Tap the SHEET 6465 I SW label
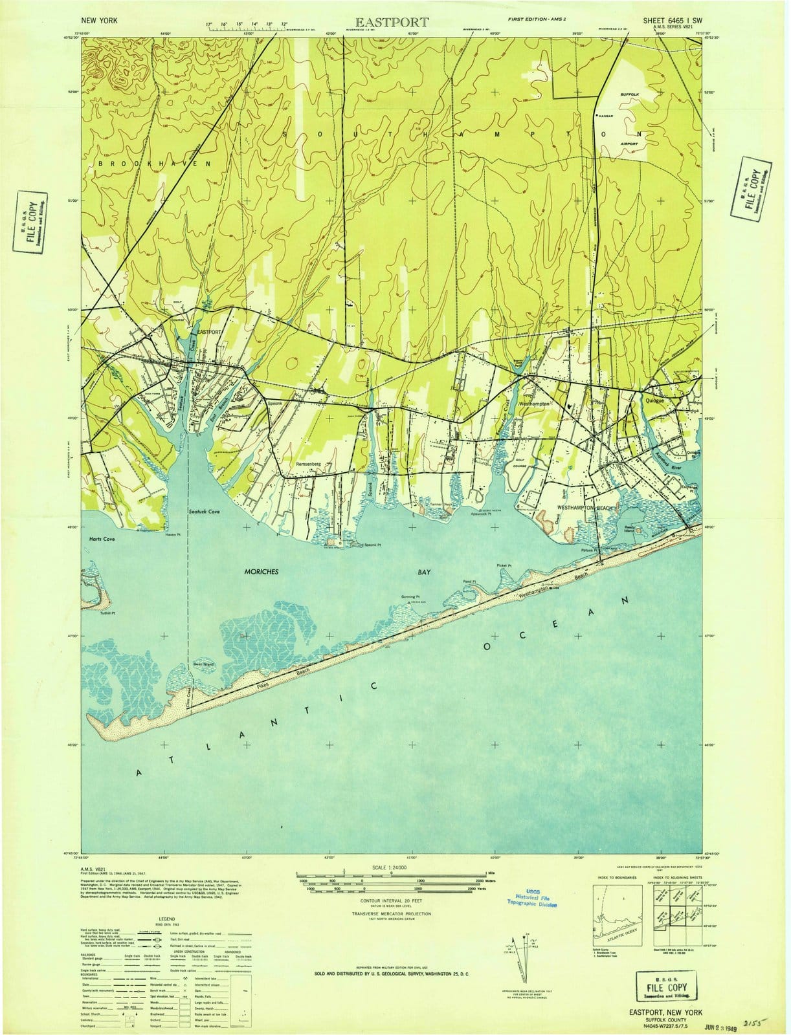(x=673, y=21)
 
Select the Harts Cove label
(x=102, y=538)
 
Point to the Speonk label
(x=277, y=404)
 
